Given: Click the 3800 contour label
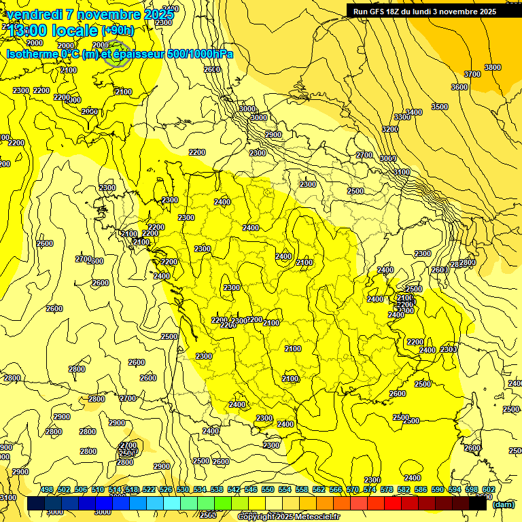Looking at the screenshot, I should coord(492,67).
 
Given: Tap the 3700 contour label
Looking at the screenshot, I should coord(472,74).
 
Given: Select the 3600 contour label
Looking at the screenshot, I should coord(459,87).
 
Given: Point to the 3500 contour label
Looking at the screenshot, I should coord(440,107).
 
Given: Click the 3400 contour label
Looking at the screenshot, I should coord(413,112).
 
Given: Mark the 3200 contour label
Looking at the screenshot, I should coord(389,129).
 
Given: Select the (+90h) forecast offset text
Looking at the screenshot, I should coord(118,30).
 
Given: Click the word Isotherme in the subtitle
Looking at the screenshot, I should coord(31,54).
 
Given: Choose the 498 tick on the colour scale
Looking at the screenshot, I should coord(47,490).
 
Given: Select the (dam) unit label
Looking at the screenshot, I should coord(503,504).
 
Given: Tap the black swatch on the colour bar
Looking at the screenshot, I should coord(478,504).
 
